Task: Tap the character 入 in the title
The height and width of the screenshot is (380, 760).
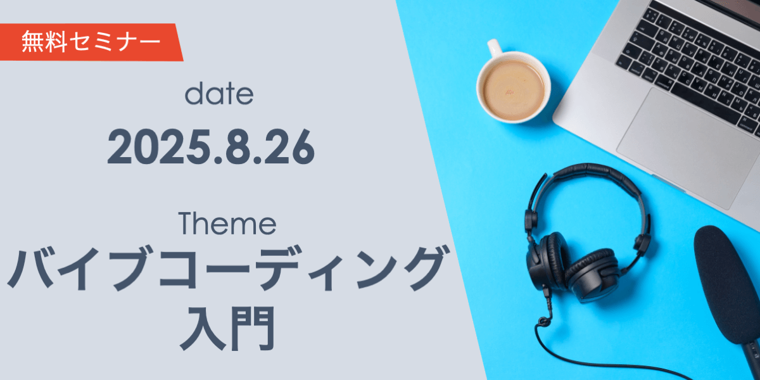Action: (x=201, y=327)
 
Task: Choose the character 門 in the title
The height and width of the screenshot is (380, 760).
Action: (x=253, y=327)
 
